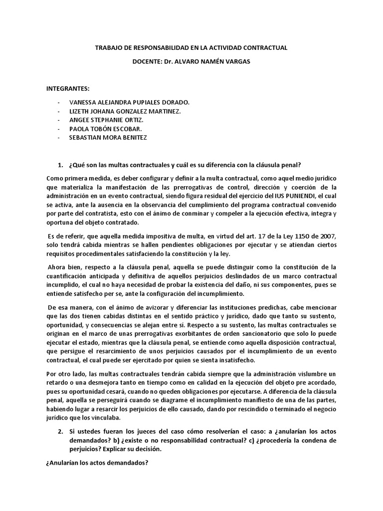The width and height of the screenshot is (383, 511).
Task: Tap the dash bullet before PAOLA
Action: [59, 129]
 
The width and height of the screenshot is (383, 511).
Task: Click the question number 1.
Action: [60, 165]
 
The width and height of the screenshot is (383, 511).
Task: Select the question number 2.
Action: [60, 431]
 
